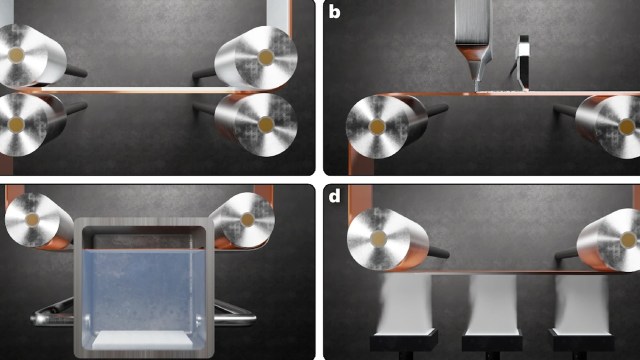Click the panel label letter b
point(334,12)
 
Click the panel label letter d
point(334,196)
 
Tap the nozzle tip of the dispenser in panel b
point(476,88)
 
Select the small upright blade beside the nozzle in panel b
point(523,62)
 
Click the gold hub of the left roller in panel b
point(377,127)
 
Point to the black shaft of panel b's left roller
point(437,109)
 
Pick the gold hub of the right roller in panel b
point(627,127)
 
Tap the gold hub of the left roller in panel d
point(378,239)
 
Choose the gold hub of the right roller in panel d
point(629,240)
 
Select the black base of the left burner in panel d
point(404,341)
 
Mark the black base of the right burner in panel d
point(581,341)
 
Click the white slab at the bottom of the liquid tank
point(142,340)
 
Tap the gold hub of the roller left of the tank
point(32,220)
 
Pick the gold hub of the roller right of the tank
point(248,220)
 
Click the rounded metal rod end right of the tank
point(250,318)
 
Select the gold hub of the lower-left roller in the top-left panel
point(16,124)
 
